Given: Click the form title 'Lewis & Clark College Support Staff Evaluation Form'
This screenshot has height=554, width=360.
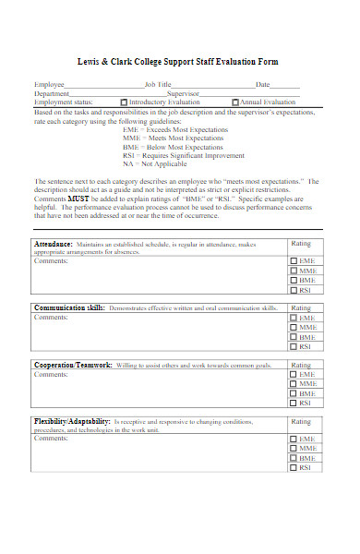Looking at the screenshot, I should pyautogui.click(x=180, y=62).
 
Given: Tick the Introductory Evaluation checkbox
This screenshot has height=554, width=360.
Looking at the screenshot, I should pyautogui.click(x=125, y=102).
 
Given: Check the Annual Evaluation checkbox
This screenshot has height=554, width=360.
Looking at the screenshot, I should pyautogui.click(x=235, y=102).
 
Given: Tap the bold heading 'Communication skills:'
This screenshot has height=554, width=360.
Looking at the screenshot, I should pyautogui.click(x=69, y=307).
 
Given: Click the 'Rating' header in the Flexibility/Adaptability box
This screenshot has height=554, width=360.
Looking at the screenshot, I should pyautogui.click(x=301, y=422).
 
